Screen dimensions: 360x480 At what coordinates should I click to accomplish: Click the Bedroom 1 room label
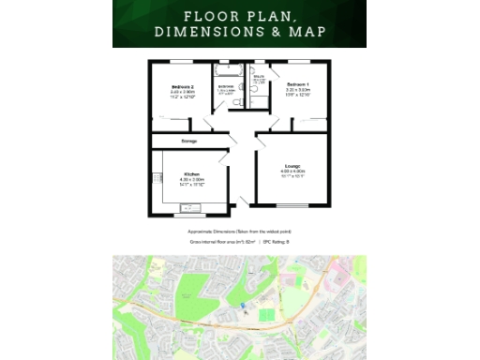click(x=297, y=84)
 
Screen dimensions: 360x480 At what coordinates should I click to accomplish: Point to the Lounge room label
click(x=292, y=166)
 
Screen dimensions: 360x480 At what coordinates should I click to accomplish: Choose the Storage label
click(x=176, y=142)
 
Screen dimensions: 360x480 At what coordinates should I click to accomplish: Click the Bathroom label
click(x=226, y=86)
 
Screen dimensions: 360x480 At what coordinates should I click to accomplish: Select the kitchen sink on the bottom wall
click(x=192, y=207)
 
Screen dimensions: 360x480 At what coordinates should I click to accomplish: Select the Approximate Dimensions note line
click(x=240, y=230)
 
